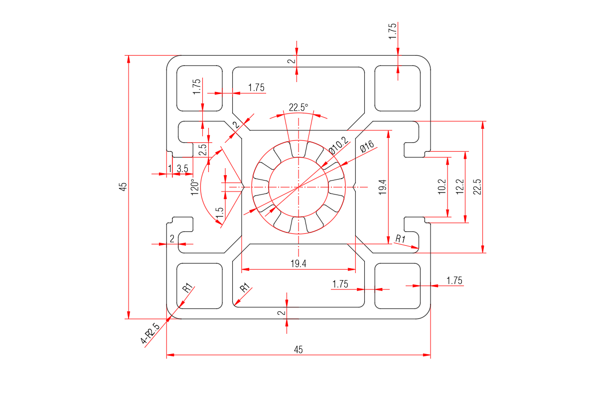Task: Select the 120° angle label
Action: [x=196, y=187]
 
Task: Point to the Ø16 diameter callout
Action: [x=366, y=146]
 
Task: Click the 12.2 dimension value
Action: [x=460, y=187]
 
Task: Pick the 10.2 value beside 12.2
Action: [x=442, y=187]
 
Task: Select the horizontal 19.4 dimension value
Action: [x=298, y=264]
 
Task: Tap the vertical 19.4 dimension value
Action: [x=383, y=187]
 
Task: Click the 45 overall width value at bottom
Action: [x=298, y=350]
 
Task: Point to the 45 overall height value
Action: [x=123, y=187]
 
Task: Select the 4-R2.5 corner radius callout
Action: [x=150, y=334]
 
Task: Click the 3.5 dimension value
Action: [x=182, y=169]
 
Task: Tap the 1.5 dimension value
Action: [x=220, y=212]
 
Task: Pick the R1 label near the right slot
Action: [x=400, y=239]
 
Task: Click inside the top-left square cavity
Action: [x=199, y=88]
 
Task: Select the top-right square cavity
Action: [x=397, y=88]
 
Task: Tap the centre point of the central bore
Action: [x=298, y=187]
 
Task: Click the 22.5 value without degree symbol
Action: [x=477, y=187]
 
